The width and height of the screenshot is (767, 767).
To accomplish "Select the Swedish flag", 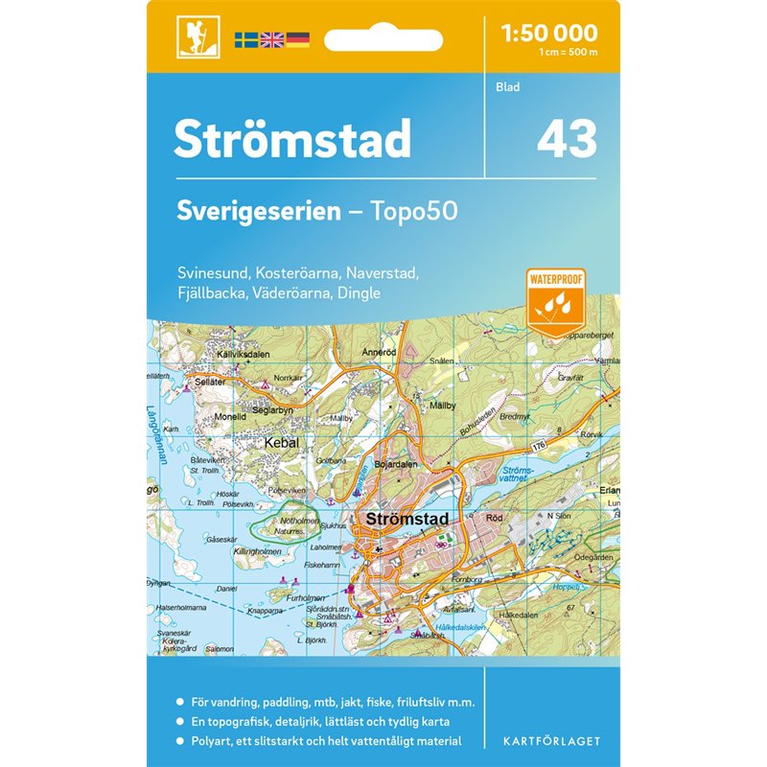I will tap(246, 40).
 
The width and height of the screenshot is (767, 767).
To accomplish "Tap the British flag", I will tap(272, 40).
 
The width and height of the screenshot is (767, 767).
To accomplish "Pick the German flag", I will tap(298, 40).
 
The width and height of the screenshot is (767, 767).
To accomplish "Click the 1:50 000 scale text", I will tap(549, 34).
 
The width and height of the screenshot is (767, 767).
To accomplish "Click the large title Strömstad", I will tap(291, 139).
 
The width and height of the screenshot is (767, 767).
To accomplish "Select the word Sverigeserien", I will tap(257, 211).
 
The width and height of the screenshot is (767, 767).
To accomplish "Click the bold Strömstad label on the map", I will tap(407, 519).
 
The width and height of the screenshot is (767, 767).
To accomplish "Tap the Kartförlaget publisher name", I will tap(550, 742).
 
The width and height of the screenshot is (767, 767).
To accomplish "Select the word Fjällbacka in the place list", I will tap(207, 292).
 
